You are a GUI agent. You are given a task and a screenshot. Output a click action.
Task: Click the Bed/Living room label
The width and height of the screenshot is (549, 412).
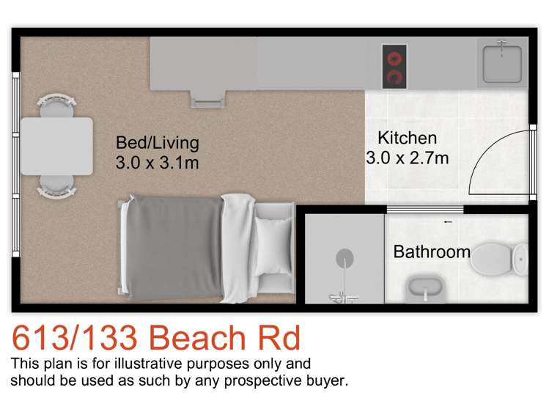157,142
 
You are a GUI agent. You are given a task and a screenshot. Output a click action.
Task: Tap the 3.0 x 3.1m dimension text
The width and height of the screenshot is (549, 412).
157,163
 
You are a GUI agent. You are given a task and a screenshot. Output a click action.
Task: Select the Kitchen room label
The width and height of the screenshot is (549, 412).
407,138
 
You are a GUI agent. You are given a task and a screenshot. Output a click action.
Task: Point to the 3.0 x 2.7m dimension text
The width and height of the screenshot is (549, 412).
407,157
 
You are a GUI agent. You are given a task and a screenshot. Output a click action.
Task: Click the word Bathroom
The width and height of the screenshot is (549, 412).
432,252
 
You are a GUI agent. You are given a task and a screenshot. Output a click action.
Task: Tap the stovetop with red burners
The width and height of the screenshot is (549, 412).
394,66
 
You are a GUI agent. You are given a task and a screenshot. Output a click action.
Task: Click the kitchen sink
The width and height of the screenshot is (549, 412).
502,62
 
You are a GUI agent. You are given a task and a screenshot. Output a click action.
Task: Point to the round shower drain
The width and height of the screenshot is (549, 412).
345,259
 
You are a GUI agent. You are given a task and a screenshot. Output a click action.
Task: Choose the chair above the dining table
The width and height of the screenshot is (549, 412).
56,104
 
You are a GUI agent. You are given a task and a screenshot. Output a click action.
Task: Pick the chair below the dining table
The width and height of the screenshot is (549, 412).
56,186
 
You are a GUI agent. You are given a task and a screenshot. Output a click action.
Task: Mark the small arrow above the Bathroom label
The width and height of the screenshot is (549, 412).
447,221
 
